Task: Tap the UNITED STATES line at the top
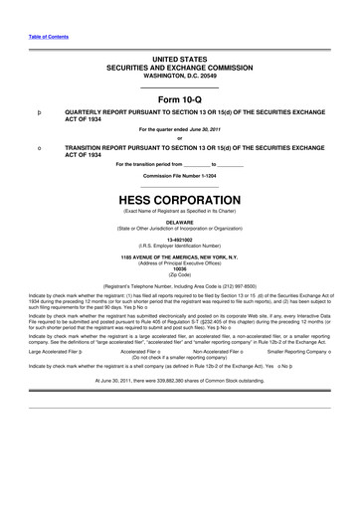[179, 61]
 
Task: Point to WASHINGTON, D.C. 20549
[179, 77]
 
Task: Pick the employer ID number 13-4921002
[179, 240]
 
